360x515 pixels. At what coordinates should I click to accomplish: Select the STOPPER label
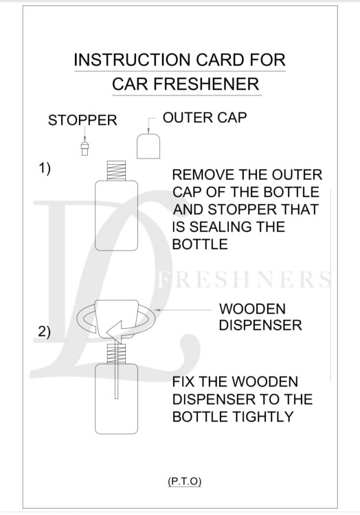82,121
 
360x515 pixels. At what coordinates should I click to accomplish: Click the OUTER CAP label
205,117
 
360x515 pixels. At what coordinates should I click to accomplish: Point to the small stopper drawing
85,147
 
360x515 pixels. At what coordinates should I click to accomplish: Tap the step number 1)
44,168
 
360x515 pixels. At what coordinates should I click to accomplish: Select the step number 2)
44,332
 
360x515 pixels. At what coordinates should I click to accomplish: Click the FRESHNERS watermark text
245,281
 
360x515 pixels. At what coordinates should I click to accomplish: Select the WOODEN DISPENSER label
260,317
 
